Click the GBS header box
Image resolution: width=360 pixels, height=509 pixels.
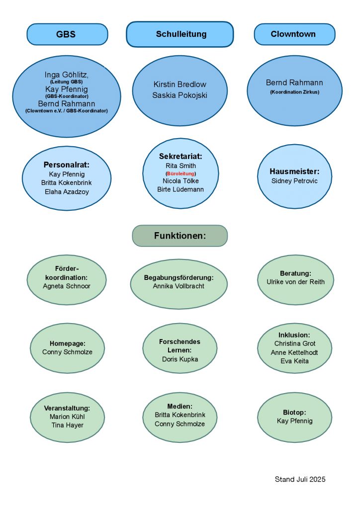click(x=67, y=34)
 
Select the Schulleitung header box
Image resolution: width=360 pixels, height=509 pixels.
click(x=180, y=34)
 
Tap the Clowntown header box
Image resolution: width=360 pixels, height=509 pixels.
click(x=294, y=34)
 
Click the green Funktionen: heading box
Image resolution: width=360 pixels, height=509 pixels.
click(x=180, y=236)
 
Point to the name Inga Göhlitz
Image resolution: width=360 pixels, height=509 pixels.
click(x=67, y=75)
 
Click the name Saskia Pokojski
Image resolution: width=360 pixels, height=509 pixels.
click(x=180, y=95)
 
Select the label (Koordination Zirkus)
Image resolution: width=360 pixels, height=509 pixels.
click(x=295, y=92)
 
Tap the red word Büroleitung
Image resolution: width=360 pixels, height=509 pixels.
click(x=180, y=173)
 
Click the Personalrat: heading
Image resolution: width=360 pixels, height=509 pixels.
click(x=67, y=165)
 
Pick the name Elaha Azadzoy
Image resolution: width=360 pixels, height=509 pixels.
click(x=67, y=192)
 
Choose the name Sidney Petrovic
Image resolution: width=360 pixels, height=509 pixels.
click(x=294, y=181)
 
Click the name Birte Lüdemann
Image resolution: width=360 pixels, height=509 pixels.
click(x=180, y=189)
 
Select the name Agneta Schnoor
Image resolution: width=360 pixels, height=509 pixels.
click(x=67, y=286)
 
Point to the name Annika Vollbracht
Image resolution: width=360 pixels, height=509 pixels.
click(x=179, y=286)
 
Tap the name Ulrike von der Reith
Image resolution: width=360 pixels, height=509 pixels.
click(x=295, y=282)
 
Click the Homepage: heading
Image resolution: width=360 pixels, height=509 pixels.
click(x=68, y=343)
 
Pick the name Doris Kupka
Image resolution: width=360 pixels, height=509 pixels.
click(x=180, y=359)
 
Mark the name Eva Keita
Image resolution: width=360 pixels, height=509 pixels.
click(x=294, y=361)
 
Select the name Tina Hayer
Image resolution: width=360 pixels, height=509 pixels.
click(x=68, y=425)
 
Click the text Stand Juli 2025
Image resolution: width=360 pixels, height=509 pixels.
click(x=300, y=480)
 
